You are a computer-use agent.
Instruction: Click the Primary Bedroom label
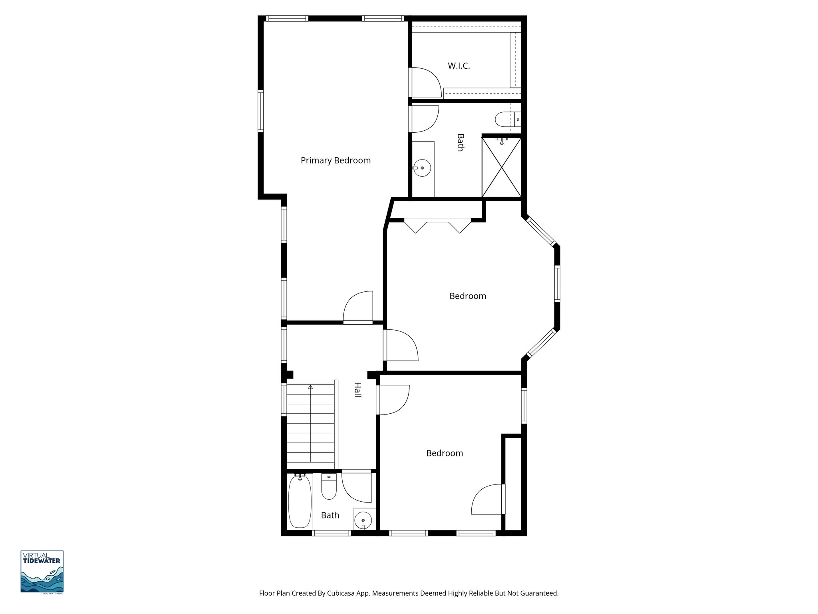pos(336,160)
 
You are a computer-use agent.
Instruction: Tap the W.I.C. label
pos(459,66)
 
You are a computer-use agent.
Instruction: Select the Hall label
pos(357,389)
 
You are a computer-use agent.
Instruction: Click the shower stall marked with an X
pos(501,168)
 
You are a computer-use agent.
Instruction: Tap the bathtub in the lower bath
pos(300,502)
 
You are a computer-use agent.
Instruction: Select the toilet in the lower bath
pos(329,488)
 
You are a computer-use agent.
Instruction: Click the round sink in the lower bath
pos(363,520)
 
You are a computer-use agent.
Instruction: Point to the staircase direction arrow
pos(310,387)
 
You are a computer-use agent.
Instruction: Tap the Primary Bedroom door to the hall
pos(358,308)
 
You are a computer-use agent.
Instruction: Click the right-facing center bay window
pos(557,283)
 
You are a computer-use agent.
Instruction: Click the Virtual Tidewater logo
pos(42,572)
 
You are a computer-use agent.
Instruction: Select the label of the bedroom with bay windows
pos(468,296)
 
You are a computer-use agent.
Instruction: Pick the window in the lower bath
pos(331,533)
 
